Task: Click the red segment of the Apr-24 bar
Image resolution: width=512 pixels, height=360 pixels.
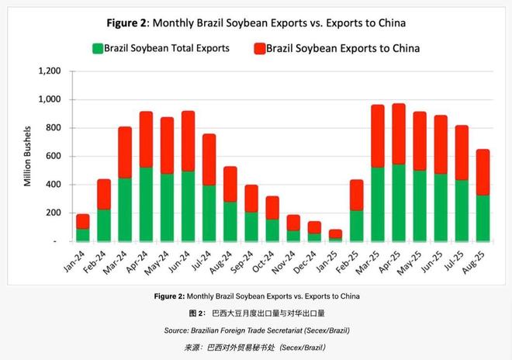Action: (x=146, y=140)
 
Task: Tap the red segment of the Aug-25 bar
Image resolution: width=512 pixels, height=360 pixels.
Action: (x=482, y=172)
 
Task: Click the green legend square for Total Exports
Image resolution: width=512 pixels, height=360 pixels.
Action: (x=97, y=48)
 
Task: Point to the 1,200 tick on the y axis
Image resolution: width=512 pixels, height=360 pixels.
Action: (x=48, y=71)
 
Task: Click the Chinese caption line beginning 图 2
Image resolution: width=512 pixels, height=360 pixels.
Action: (x=256, y=314)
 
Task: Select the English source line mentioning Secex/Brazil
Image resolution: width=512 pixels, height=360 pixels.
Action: (x=256, y=331)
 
